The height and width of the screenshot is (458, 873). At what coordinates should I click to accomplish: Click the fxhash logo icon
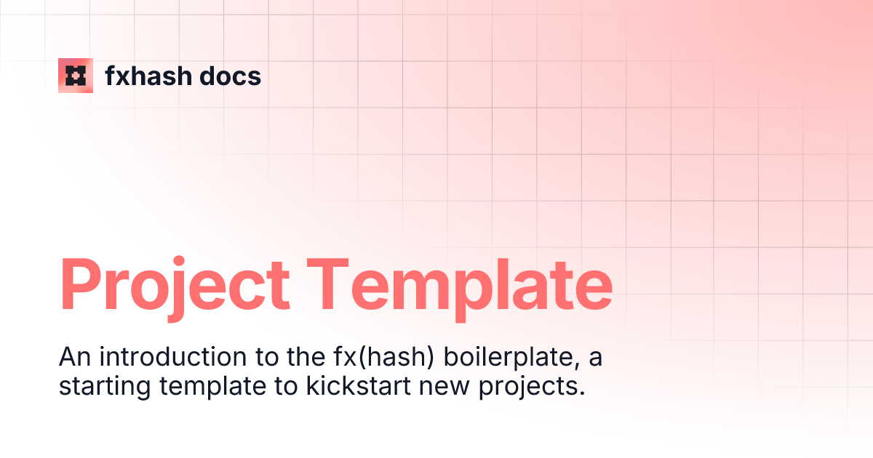[76, 76]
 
